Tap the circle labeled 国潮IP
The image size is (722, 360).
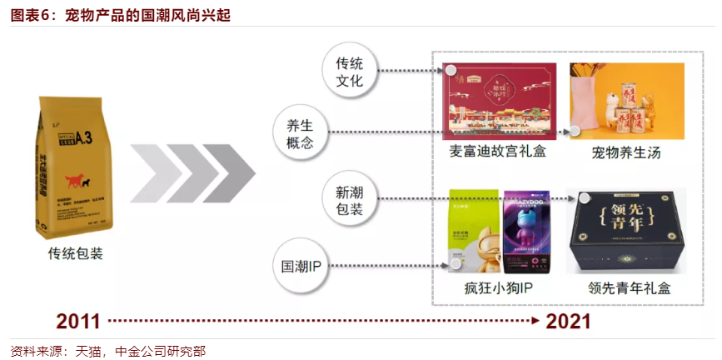pos(298,267)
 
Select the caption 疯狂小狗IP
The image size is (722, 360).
pos(499,288)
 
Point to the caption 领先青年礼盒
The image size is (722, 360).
pos(629,288)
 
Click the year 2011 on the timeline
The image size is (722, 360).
pos(79,321)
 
